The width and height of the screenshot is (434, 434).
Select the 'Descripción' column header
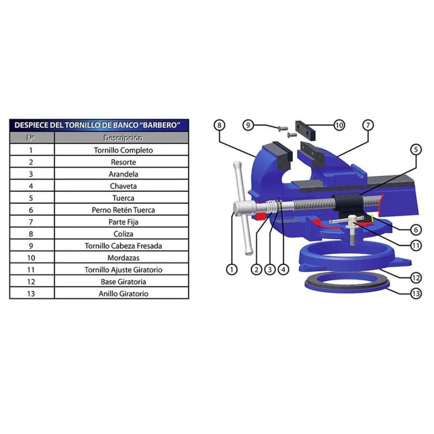pyautogui.click(x=123, y=138)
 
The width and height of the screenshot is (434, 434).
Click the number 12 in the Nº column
pyautogui.click(x=31, y=282)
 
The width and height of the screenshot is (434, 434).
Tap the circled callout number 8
pyautogui.click(x=220, y=125)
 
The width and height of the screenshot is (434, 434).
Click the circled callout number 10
pyautogui.click(x=339, y=125)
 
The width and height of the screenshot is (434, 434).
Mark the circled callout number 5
pyautogui.click(x=416, y=150)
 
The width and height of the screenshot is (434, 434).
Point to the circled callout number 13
pyautogui.click(x=416, y=293)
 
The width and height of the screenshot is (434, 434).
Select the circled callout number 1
pyautogui.click(x=232, y=269)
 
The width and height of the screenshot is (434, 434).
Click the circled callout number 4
pyautogui.click(x=283, y=269)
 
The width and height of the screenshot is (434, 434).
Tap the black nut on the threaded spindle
pyautogui.click(x=348, y=205)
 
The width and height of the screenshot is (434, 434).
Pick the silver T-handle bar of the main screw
pyautogui.click(x=242, y=208)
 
